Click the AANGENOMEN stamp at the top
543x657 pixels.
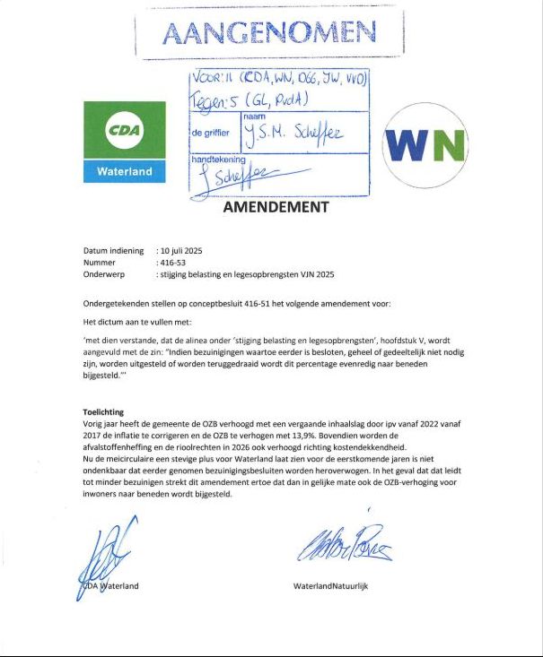click(x=269, y=33)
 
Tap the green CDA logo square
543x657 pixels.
click(x=125, y=131)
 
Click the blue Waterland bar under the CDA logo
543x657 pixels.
click(x=125, y=171)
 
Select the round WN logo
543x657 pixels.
click(x=425, y=143)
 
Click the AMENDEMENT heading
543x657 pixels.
click(x=276, y=207)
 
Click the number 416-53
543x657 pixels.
click(x=171, y=263)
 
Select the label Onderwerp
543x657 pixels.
click(x=103, y=275)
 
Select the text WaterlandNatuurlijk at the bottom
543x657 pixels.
click(x=331, y=586)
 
